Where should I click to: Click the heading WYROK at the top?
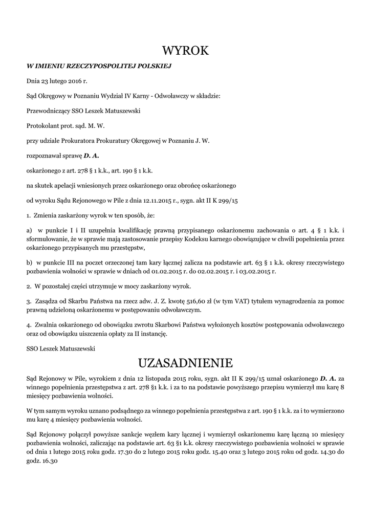point(185,51)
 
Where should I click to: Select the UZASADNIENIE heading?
point(185,363)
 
